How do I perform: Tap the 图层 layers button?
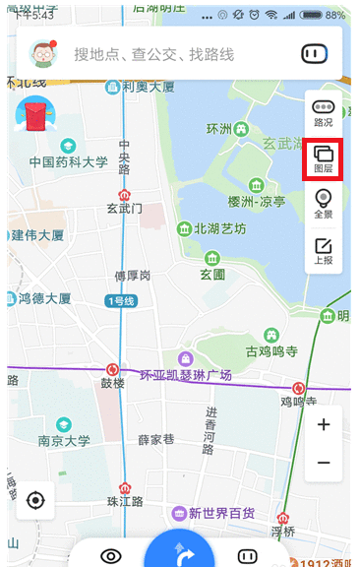click(324, 158)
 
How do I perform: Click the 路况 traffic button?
click(324, 112)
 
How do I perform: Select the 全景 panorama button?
click(324, 204)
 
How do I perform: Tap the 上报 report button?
click(324, 251)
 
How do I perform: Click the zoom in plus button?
click(324, 425)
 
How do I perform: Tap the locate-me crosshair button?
click(35, 500)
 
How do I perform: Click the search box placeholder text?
click(153, 54)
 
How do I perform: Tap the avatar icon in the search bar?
click(42, 53)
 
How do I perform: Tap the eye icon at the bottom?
click(110, 556)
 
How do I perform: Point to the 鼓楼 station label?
click(113, 383)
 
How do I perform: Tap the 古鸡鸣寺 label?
click(271, 350)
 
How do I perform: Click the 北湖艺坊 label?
click(220, 229)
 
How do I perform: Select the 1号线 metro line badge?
click(121, 300)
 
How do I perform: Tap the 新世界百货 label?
click(221, 513)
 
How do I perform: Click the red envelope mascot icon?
click(35, 116)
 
